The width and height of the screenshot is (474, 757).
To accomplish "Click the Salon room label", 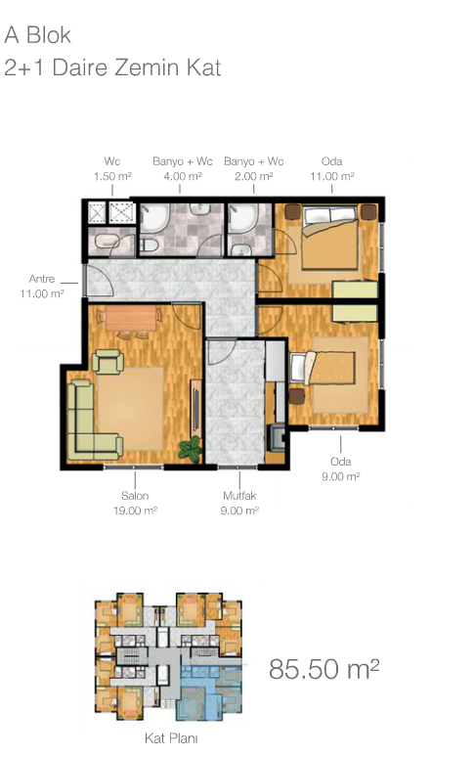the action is [x=135, y=495].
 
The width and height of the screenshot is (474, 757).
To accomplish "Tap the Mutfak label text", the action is [x=239, y=495].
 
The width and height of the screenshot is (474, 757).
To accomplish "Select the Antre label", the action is [x=42, y=279].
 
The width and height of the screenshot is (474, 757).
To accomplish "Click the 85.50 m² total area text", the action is [x=323, y=669].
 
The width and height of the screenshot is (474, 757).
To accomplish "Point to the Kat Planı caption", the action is [x=171, y=738].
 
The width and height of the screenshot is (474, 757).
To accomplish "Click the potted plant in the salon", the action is [x=191, y=449].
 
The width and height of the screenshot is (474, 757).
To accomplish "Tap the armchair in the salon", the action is [x=108, y=361].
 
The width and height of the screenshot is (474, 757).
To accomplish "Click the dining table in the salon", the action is [x=131, y=318].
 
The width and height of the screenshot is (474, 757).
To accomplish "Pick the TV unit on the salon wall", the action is [x=195, y=405].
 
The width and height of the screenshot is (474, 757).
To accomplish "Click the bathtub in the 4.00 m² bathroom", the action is [x=154, y=218].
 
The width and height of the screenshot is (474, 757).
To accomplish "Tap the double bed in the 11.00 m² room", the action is [x=330, y=238].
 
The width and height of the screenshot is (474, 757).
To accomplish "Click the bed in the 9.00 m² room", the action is [x=323, y=368].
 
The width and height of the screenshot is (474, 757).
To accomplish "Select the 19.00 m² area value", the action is [x=135, y=511].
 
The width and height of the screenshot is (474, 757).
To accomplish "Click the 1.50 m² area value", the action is [x=112, y=176].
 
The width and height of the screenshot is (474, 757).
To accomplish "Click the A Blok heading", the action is [x=37, y=35].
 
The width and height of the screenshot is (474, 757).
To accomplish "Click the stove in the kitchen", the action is [x=277, y=436].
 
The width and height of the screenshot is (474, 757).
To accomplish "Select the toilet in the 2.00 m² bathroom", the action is [x=239, y=249].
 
